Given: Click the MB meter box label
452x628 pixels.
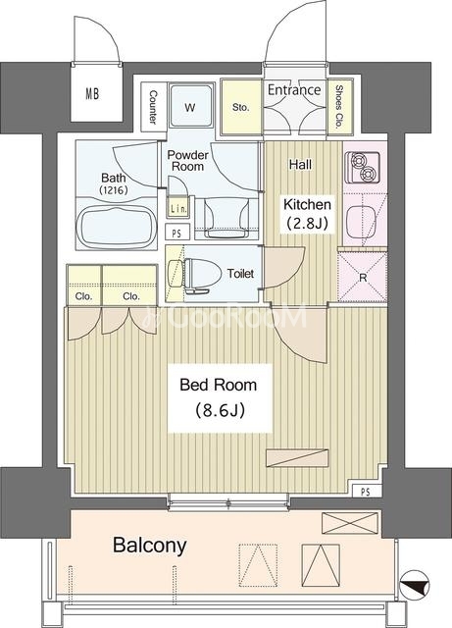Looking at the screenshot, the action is [92, 94].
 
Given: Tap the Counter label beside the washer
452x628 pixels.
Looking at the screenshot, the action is [153, 107].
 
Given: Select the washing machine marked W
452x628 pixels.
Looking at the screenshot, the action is [190, 106].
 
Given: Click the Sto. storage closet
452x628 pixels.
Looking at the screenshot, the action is [241, 107].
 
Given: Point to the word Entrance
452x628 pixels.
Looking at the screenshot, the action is [294, 89].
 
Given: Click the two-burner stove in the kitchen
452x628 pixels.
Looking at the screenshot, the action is [364, 167].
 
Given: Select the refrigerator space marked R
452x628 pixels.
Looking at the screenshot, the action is [363, 277].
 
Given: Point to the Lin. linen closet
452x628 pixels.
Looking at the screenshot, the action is [177, 208].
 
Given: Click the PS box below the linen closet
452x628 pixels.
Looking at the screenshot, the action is [176, 233].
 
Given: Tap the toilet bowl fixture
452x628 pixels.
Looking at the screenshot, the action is [195, 274].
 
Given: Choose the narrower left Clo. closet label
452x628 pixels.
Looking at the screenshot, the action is [83, 296].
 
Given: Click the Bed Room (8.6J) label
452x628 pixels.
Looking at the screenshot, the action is [219, 397].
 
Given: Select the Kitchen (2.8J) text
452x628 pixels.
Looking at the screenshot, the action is [307, 214].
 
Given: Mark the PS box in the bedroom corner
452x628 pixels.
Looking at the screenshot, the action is [365, 492].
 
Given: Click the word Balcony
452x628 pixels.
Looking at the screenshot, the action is [150, 546].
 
